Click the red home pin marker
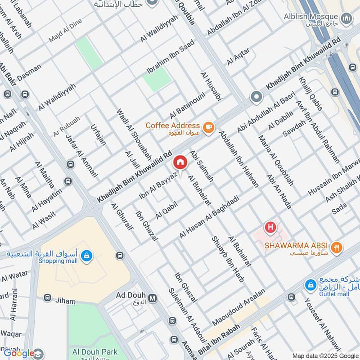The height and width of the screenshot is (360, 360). coord(180,162)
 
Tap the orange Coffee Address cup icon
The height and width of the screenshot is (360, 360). coord(207,128)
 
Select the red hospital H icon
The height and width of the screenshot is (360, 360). coord(270,228)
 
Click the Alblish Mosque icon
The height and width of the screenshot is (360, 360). coord(346,18)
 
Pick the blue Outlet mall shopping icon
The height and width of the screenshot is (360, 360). coord(310,285)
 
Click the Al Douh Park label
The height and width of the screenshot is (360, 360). coord(93,352)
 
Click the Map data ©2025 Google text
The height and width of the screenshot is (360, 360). coord(324,355)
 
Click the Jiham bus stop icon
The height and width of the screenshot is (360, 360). coord(48,298)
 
